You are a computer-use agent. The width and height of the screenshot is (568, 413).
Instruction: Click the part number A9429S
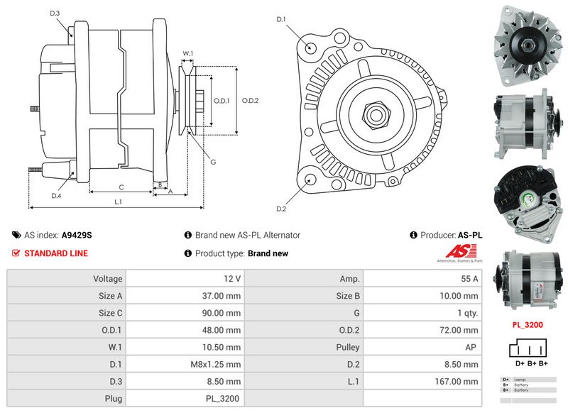[x=77, y=235]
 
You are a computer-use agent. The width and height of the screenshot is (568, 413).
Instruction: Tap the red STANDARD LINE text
[x=56, y=253]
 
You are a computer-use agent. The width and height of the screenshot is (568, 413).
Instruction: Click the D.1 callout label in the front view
[x=280, y=19]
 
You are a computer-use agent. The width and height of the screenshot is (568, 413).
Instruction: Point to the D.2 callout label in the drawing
[x=280, y=209]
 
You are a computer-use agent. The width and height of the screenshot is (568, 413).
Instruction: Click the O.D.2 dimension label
[x=250, y=101]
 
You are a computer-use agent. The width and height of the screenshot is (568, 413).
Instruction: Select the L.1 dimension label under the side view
[x=119, y=202]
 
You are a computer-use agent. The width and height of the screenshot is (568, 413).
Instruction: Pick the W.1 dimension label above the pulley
[x=188, y=54]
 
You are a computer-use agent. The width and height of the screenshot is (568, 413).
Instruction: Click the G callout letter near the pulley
[x=212, y=162]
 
